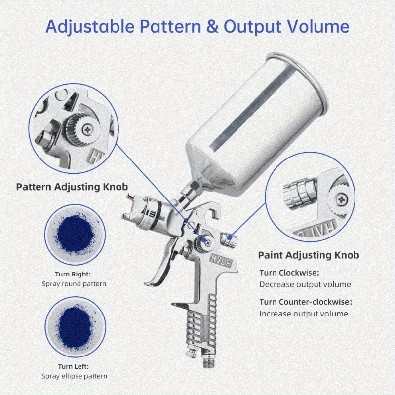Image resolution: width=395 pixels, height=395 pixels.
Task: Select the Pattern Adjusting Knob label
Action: (x=72, y=187)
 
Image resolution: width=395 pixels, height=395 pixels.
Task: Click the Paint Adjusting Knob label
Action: (x=309, y=255)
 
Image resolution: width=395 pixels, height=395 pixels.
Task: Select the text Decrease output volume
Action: (x=305, y=284)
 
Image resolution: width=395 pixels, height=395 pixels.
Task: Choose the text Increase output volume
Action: (x=304, y=314)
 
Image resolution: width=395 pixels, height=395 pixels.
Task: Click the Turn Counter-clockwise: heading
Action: (x=306, y=302)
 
